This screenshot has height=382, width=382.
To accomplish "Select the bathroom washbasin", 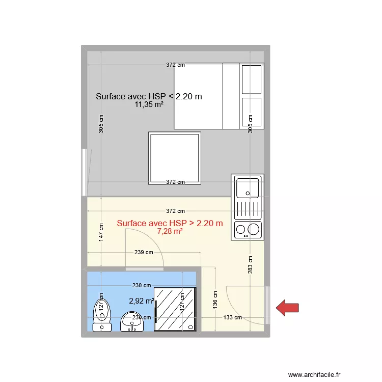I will [x=131, y=322].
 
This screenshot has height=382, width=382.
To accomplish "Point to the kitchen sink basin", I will [x=248, y=186].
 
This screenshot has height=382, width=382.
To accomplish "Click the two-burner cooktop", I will [x=248, y=230].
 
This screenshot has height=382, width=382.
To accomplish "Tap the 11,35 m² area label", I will [x=149, y=105].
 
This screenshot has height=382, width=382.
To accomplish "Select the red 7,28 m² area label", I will [x=170, y=231].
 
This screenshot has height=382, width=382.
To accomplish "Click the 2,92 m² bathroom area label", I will [x=141, y=301].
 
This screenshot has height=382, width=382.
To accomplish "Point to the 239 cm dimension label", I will [x=143, y=252].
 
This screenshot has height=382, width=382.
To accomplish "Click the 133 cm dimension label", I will [x=232, y=318].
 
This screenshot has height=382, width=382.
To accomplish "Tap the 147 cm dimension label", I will [x=101, y=232].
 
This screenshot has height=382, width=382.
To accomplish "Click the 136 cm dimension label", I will [x=216, y=299].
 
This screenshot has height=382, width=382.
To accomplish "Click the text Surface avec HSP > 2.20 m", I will [x=170, y=223].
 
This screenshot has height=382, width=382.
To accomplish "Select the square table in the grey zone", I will [x=174, y=158].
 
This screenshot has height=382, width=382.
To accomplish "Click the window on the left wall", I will [x=84, y=172].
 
